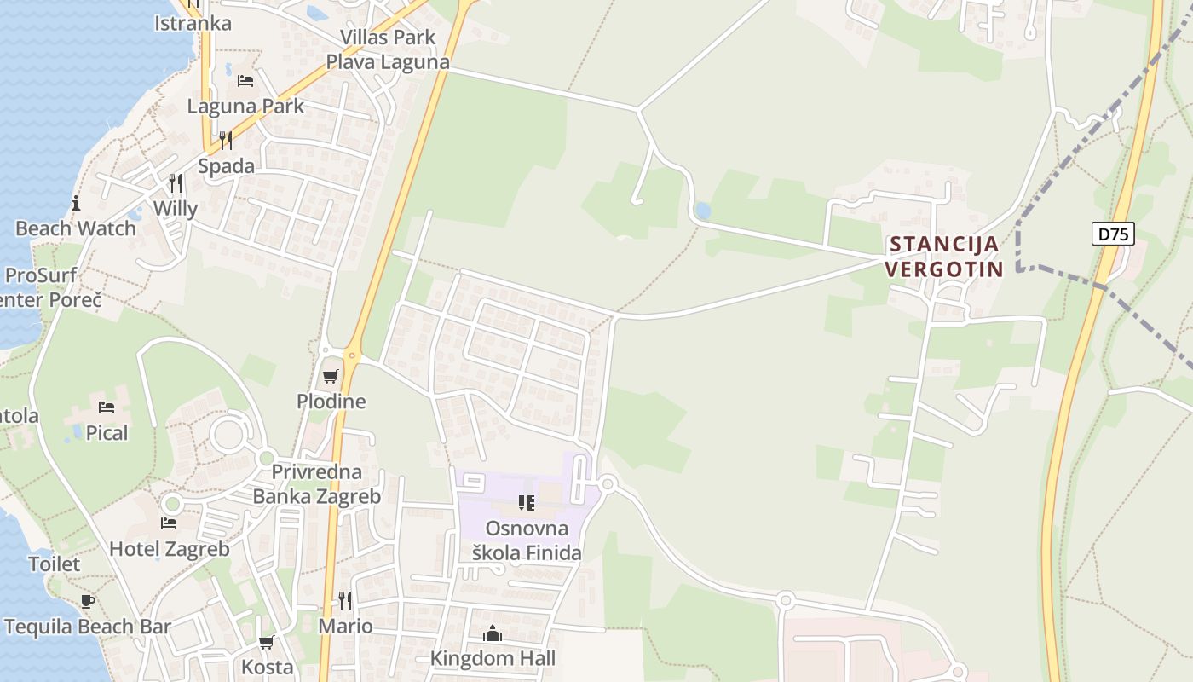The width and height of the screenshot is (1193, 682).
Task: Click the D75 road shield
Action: click(x=1113, y=234)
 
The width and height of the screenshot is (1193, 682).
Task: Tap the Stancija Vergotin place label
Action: click(x=943, y=257)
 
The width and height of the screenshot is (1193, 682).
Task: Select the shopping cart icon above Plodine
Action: click(x=331, y=376)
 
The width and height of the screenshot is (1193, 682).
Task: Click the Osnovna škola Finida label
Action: click(x=527, y=540)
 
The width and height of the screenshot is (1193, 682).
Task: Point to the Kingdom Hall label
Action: click(x=493, y=658)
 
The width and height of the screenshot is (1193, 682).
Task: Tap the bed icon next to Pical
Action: click(x=107, y=407)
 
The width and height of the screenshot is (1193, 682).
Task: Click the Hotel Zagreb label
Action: click(x=169, y=549)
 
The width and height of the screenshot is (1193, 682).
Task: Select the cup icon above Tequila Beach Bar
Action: click(x=88, y=601)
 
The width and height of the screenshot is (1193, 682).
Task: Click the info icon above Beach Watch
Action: click(x=76, y=203)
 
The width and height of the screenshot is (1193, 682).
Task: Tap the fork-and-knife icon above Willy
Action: click(x=175, y=183)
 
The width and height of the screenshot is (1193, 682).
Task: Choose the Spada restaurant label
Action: click(x=226, y=165)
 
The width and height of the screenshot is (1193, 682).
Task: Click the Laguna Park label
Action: click(x=245, y=107)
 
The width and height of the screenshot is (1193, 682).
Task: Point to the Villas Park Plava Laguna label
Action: click(x=388, y=49)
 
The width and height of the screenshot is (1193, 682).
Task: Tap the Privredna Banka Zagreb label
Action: click(x=317, y=483)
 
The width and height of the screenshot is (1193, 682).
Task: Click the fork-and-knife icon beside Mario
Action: click(x=345, y=601)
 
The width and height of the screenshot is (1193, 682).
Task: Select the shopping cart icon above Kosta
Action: click(x=267, y=642)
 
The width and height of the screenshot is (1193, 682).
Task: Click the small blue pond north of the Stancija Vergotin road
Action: click(x=703, y=210)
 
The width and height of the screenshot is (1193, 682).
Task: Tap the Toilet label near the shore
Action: click(x=55, y=564)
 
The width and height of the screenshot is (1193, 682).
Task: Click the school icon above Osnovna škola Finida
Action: click(x=527, y=503)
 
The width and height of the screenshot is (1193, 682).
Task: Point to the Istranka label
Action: click(x=193, y=23)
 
